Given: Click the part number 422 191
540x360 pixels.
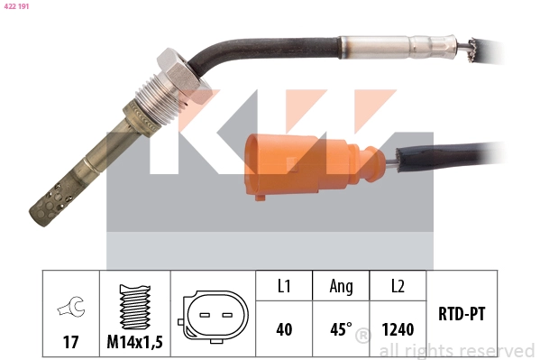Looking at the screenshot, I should [19, 6].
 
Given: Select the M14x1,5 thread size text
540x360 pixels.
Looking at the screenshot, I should [135, 342].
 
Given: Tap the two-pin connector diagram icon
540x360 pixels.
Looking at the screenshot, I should [212, 316].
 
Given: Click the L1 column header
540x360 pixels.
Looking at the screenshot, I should [283, 286].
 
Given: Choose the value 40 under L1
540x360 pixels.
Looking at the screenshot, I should [283, 329].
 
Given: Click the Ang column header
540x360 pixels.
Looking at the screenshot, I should [341, 286].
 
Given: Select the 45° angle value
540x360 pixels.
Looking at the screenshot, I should [340, 329].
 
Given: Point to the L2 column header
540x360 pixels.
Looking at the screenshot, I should [398, 286].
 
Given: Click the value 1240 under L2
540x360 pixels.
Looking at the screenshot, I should [398, 329].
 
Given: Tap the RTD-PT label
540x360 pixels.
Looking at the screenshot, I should [461, 315].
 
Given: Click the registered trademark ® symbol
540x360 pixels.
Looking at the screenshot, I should [362, 337].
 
